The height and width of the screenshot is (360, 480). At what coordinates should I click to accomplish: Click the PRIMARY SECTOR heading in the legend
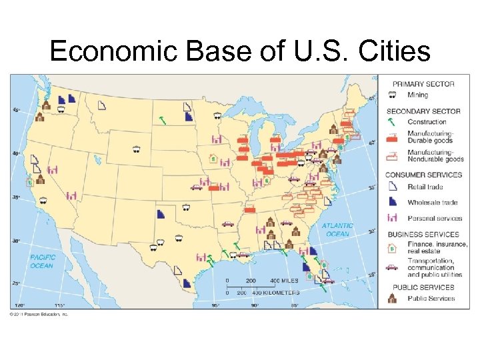click(x=423, y=84)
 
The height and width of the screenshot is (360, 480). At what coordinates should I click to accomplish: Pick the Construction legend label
click(x=427, y=122)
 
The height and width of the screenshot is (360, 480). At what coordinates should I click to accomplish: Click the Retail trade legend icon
click(x=392, y=187)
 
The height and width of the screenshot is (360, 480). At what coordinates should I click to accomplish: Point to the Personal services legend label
click(x=435, y=219)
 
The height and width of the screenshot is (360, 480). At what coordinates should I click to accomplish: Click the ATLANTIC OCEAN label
click(x=337, y=230)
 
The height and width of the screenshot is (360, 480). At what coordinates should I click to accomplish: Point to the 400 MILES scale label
click(x=285, y=280)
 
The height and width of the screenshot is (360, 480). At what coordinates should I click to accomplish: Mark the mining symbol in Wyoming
click(x=136, y=149)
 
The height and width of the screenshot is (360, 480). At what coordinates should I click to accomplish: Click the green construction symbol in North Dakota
click(x=161, y=120)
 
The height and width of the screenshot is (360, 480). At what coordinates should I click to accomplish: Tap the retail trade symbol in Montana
click(x=102, y=106)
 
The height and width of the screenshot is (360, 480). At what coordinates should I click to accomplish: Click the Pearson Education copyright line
click(x=40, y=313)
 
